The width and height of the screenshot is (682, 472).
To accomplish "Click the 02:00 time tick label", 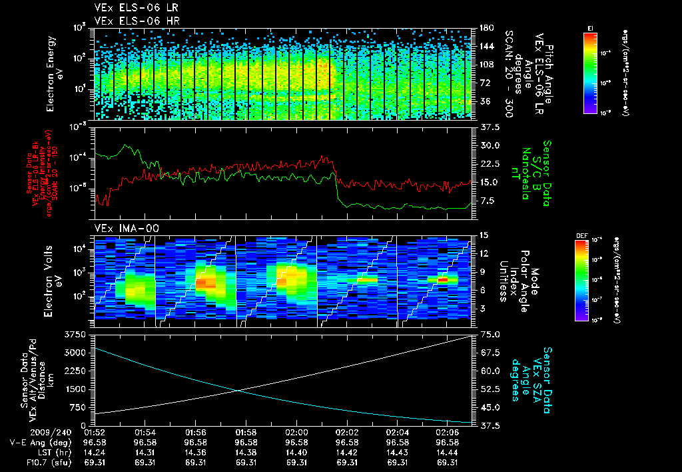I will pos(296,432).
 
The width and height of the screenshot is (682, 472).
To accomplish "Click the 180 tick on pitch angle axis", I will pos(486,27).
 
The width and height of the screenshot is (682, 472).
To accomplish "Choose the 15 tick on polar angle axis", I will pos(484,235).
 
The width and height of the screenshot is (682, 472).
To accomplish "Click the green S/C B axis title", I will pos(532,173).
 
